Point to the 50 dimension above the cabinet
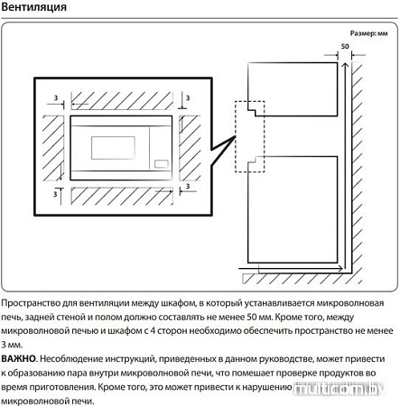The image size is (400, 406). (x=345, y=46)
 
